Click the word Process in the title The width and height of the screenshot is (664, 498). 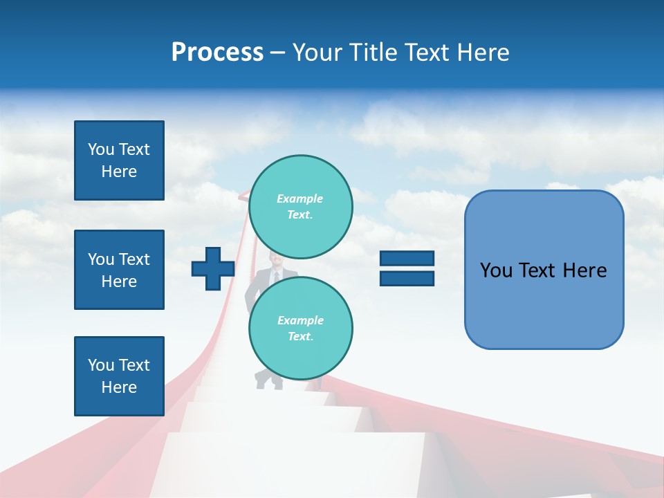(x=217, y=53)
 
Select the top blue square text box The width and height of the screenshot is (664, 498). (x=119, y=160)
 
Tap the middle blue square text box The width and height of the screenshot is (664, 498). (x=119, y=270)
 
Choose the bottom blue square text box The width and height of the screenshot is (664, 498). (x=119, y=376)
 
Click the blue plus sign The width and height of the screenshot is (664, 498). (x=212, y=269)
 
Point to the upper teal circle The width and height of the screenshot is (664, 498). (x=300, y=206)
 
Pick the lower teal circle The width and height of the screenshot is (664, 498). (x=300, y=328)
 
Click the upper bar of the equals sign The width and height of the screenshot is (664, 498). (x=407, y=259)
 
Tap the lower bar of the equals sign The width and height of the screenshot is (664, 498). (x=407, y=278)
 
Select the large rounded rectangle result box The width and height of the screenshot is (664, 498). (x=544, y=270)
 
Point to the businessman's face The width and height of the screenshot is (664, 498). (x=276, y=261)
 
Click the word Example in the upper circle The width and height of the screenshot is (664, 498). (x=300, y=199)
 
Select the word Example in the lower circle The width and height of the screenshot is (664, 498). (x=300, y=320)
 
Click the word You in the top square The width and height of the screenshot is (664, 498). (x=101, y=149)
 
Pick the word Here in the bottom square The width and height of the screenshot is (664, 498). (x=119, y=387)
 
